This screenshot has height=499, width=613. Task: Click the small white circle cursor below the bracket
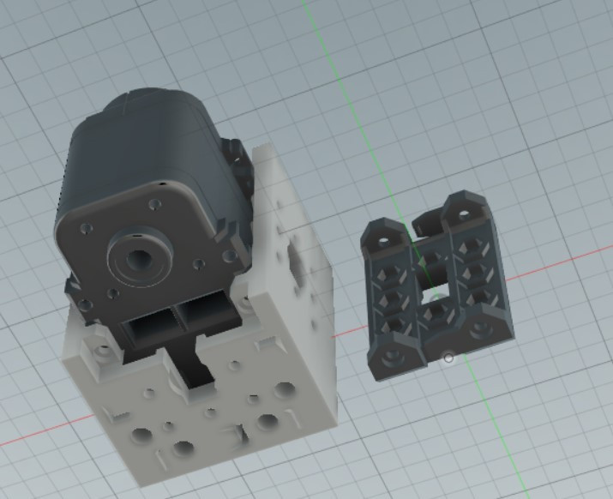click(x=448, y=358)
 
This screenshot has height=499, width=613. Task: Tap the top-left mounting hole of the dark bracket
click(x=382, y=231)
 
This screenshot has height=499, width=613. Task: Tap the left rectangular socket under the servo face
click(x=153, y=326)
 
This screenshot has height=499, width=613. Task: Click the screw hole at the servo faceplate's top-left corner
click(x=87, y=230)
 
